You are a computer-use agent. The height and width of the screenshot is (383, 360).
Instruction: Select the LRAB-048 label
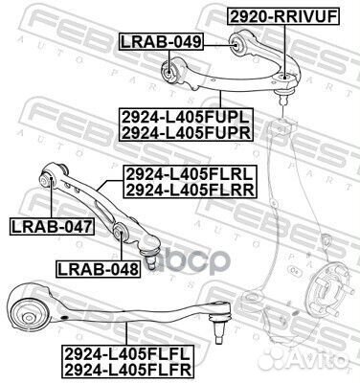click(97, 269)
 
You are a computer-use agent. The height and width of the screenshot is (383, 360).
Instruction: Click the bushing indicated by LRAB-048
click(121, 234)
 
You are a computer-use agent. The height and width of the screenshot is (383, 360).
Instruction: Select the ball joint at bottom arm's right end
click(220, 328)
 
